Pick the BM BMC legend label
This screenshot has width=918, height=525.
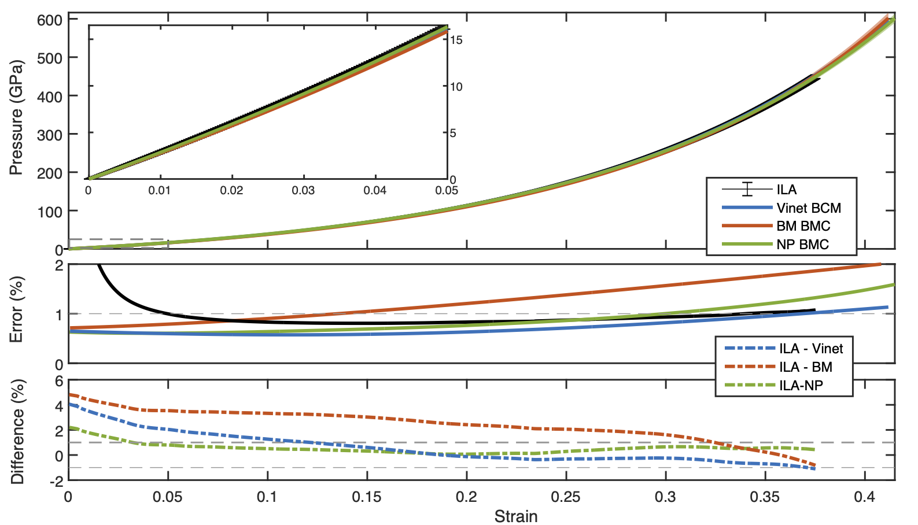[803, 226]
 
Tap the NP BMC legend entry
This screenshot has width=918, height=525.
[802, 245]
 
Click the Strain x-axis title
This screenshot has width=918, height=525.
[515, 516]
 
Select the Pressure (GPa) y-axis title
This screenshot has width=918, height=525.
[16, 117]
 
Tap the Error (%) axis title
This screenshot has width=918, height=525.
[16, 309]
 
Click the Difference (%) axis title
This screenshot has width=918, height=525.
[17, 431]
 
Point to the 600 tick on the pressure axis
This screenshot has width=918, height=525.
[50, 20]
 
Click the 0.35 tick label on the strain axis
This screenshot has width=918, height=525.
[765, 497]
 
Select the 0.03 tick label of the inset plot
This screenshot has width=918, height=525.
[303, 191]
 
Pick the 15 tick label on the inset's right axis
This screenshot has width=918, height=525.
[456, 40]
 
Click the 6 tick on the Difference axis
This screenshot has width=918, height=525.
[59, 381]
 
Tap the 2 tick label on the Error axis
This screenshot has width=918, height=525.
[59, 265]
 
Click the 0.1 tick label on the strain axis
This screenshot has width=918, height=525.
[267, 497]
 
